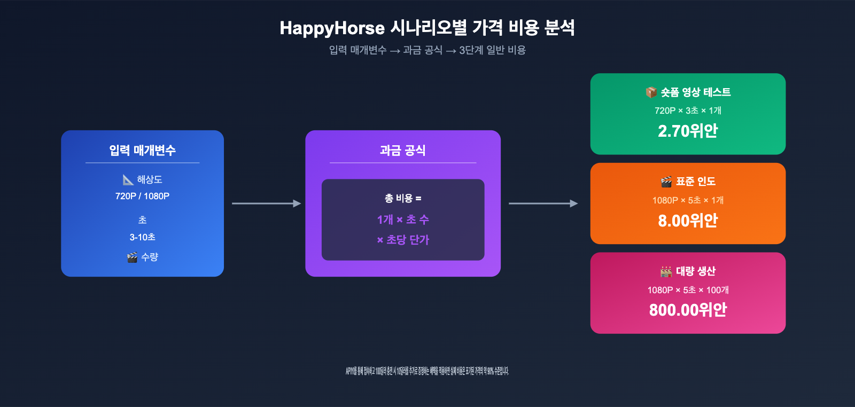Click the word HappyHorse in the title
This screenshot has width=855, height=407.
[x=332, y=28]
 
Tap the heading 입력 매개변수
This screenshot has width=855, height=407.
[x=142, y=151]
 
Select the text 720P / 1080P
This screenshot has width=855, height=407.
[x=142, y=196]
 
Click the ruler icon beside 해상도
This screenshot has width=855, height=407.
[x=128, y=179]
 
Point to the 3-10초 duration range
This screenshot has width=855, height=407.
[x=142, y=237]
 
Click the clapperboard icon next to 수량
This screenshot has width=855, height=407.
[x=132, y=257]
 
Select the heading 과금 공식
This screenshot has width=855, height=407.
[x=402, y=151]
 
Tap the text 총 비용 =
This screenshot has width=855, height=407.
[x=402, y=198]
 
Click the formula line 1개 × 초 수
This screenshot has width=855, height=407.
[x=402, y=220]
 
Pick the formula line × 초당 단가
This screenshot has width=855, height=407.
[x=402, y=240]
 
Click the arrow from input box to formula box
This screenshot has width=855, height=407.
[x=266, y=203]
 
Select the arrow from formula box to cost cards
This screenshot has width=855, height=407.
[x=543, y=203]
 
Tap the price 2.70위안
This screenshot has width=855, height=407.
[x=688, y=131]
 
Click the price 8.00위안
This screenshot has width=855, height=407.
[x=688, y=221]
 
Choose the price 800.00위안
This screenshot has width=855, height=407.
[x=688, y=310]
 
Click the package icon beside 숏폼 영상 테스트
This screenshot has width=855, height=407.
[x=651, y=92]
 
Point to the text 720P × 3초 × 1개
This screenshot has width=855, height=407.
[x=688, y=111]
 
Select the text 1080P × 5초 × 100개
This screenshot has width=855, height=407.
[x=688, y=290]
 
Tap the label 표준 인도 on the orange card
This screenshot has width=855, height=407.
[x=695, y=182]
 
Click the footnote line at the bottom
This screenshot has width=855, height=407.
[x=427, y=371]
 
